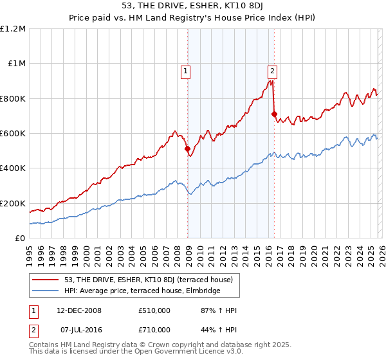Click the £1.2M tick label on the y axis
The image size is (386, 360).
[x=14, y=29]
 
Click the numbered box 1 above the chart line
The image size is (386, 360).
[x=185, y=72]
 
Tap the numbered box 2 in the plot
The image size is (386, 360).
[x=273, y=72]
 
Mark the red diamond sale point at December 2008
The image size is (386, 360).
[x=188, y=149]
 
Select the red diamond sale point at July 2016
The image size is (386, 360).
[x=274, y=114]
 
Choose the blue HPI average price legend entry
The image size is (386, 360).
[x=142, y=291]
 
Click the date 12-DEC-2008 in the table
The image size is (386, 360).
[x=79, y=310]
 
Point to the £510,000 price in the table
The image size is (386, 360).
[x=154, y=310]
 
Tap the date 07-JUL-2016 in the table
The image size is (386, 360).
[x=79, y=329]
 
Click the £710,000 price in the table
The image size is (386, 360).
[x=154, y=329]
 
